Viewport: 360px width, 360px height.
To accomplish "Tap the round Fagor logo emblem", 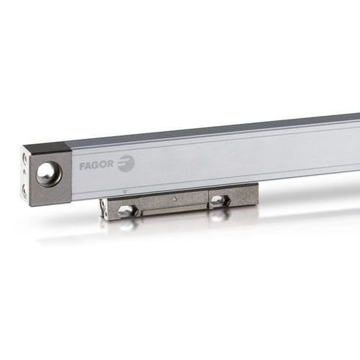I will click(x=126, y=163).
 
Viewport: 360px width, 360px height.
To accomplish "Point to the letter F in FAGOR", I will click(x=82, y=166).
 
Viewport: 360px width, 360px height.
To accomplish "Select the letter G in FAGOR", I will click(x=97, y=166).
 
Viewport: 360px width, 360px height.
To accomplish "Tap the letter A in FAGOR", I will click(x=89, y=166).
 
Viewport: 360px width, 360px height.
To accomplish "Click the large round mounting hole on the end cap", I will click(x=48, y=173).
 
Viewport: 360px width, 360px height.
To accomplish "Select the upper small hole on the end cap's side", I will click(x=24, y=158).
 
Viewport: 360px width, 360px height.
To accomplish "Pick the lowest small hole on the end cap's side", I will click(x=24, y=191).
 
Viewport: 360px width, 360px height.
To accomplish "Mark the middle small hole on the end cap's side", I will click(x=24, y=174).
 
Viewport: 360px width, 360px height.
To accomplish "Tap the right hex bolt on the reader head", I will click(x=219, y=200).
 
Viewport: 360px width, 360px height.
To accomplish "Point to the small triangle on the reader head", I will click(x=174, y=198).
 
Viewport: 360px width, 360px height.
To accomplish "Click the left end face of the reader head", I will click(x=104, y=209).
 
